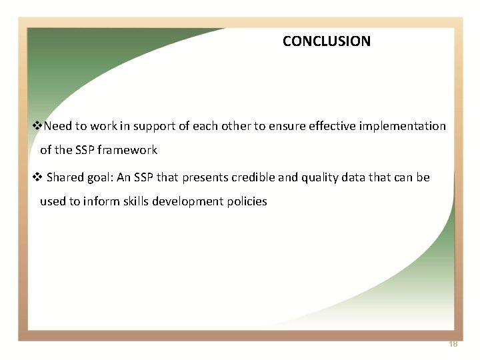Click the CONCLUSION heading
[326, 41]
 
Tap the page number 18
[453, 344]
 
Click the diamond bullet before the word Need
[38, 126]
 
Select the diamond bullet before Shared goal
[38, 177]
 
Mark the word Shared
[65, 177]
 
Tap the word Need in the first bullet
[58, 126]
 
